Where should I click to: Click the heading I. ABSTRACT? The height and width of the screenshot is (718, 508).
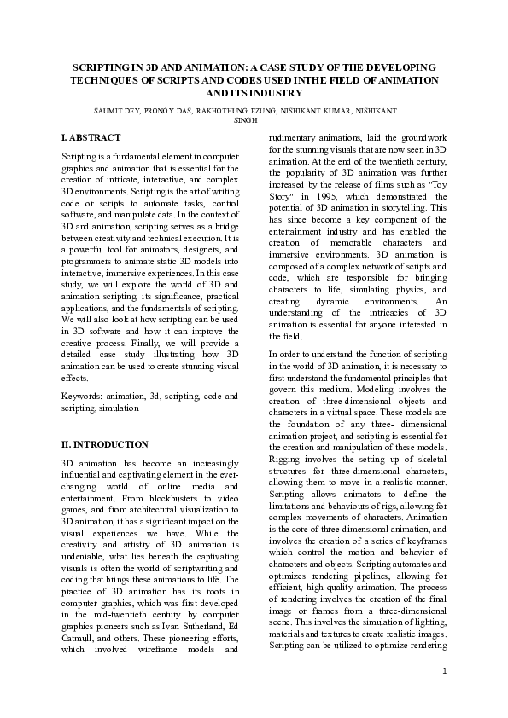[91, 137]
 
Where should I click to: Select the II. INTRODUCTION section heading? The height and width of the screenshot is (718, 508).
[106, 444]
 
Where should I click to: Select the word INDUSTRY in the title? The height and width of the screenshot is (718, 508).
[278, 92]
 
